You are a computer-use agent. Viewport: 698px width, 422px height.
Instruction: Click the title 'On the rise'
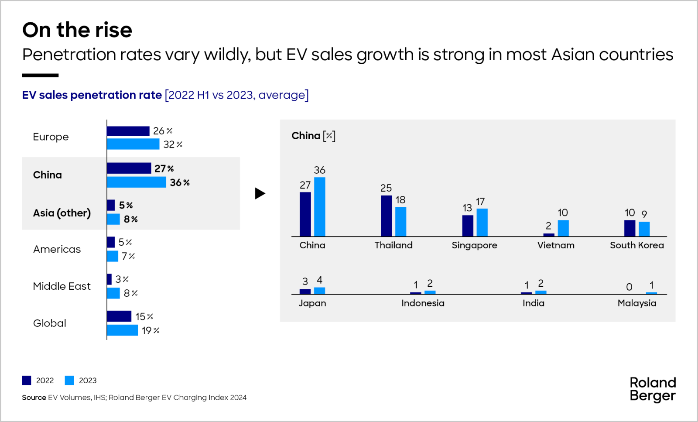(x=77, y=30)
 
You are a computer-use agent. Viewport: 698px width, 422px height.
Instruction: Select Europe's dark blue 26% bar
(x=128, y=131)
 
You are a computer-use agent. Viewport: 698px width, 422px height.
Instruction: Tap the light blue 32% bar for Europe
(x=133, y=144)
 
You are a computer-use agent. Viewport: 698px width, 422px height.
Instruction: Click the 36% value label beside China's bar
(x=179, y=182)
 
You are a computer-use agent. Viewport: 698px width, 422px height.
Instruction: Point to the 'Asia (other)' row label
(x=62, y=213)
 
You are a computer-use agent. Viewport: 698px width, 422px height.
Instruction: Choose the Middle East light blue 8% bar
(x=113, y=293)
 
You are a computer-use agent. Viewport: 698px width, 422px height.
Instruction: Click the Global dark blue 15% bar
(x=119, y=316)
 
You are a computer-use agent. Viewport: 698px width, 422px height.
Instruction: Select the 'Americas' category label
(x=57, y=249)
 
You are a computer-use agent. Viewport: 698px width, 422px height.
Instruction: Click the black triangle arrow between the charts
(x=260, y=193)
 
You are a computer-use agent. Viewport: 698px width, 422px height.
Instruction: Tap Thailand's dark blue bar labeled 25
(x=386, y=216)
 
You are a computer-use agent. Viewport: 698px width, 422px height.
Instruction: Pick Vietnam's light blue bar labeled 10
(x=563, y=228)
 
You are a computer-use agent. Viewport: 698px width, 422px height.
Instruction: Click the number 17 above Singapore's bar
(x=480, y=202)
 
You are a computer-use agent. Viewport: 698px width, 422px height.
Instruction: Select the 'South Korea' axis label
(x=636, y=245)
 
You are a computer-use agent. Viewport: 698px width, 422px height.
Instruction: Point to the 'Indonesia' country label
(x=423, y=303)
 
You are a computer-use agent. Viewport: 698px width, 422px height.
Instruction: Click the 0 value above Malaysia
(x=629, y=287)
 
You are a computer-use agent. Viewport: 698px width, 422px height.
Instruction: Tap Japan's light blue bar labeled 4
(x=319, y=291)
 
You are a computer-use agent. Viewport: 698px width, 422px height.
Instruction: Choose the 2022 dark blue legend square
(x=27, y=381)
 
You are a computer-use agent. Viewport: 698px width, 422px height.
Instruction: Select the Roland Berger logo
(x=652, y=389)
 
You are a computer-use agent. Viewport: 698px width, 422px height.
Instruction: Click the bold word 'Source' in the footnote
(x=34, y=398)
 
